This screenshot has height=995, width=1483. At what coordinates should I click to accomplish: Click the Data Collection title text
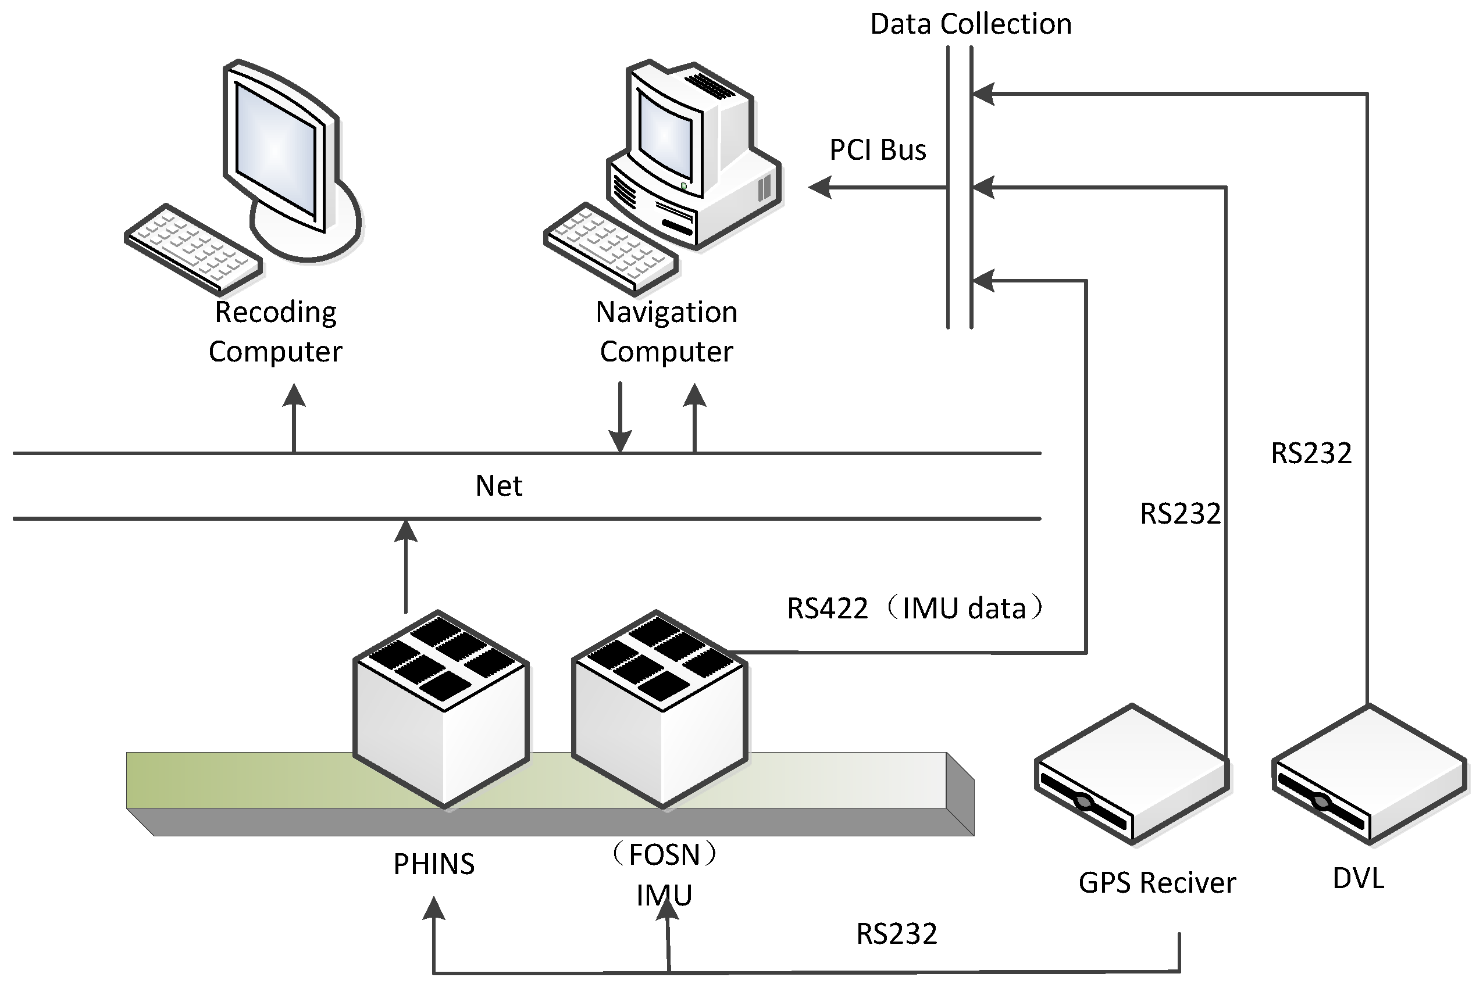click(x=970, y=24)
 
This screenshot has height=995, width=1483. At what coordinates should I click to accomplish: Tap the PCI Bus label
click(x=878, y=151)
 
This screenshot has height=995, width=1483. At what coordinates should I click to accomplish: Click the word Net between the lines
click(x=498, y=486)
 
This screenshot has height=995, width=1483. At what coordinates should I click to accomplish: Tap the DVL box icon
click(x=1369, y=774)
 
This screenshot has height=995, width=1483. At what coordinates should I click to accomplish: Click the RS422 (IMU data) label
click(x=914, y=608)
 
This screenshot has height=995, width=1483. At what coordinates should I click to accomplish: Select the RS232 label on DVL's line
click(x=1310, y=454)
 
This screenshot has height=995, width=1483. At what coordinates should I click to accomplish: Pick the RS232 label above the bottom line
click(x=896, y=934)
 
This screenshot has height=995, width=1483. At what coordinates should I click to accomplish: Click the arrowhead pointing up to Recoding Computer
click(x=294, y=396)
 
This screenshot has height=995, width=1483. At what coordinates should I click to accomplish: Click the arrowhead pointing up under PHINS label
click(x=434, y=909)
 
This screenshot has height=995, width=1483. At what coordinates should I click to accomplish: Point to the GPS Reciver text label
click(x=1157, y=883)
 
